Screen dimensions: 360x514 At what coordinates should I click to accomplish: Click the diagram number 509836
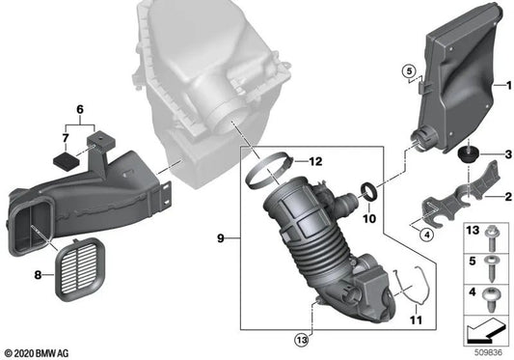pyautogui.click(x=489, y=351)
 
